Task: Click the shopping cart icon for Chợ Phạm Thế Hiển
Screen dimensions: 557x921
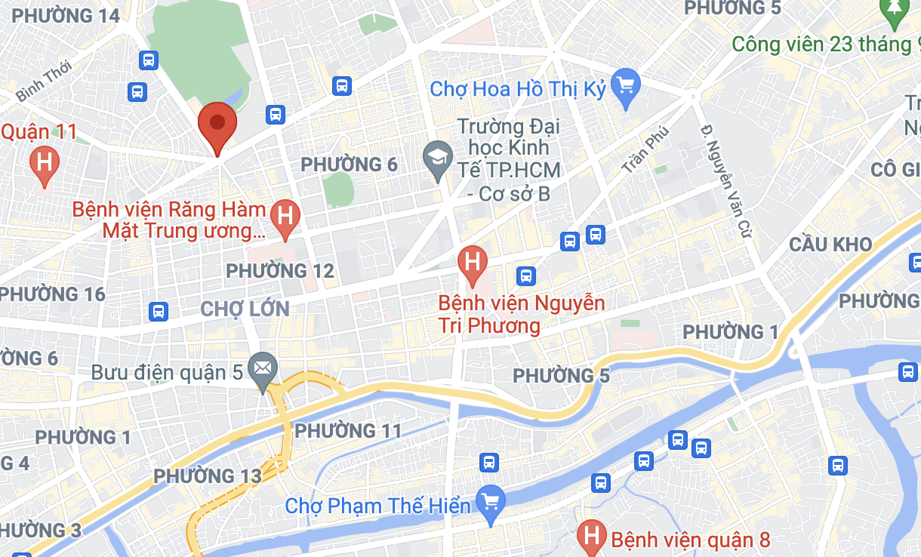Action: point(491,502)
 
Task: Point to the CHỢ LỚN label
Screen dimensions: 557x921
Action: point(245,308)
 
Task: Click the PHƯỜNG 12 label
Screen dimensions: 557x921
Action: point(280,270)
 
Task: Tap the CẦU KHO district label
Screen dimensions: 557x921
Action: point(830,245)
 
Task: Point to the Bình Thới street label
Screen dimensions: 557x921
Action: point(43,81)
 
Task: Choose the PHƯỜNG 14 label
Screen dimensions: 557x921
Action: point(66,16)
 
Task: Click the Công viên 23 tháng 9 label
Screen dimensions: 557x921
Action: point(822,45)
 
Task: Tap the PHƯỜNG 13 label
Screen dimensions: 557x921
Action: point(208,476)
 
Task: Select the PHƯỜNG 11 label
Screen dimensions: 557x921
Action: point(348,431)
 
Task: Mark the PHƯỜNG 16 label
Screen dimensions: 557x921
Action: point(53,294)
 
